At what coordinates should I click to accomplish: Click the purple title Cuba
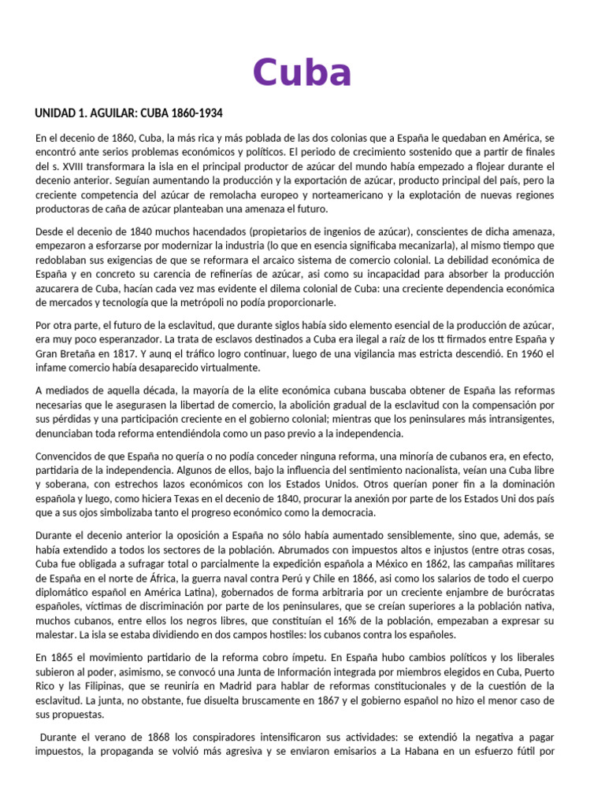(302, 73)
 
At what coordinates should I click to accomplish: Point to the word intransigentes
(517, 419)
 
